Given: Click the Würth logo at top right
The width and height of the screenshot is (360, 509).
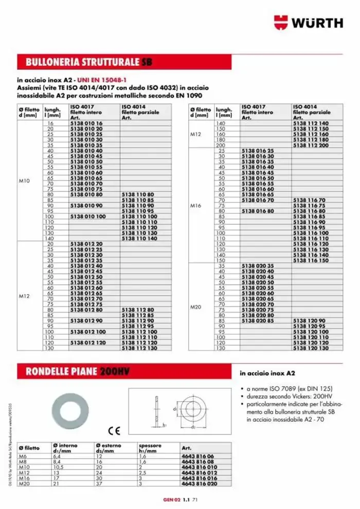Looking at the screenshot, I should pyautogui.click(x=308, y=22).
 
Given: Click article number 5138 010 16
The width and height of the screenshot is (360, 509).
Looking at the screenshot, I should pyautogui.click(x=86, y=124).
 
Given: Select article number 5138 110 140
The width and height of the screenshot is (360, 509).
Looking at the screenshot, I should pyautogui.click(x=139, y=239).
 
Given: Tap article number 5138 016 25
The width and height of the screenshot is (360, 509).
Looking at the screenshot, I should pyautogui.click(x=258, y=150).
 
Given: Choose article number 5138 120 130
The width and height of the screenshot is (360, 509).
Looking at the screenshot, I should pyautogui.click(x=310, y=348).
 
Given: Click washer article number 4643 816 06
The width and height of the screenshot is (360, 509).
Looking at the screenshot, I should pyautogui.click(x=197, y=456).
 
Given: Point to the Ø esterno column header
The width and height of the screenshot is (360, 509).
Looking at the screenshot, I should pyautogui.click(x=109, y=447).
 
